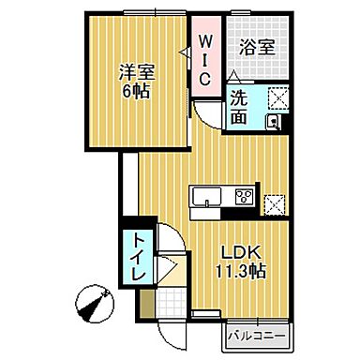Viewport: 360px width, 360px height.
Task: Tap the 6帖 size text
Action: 136,92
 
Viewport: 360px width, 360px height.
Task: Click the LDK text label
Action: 240,252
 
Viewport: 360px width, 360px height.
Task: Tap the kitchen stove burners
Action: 244,197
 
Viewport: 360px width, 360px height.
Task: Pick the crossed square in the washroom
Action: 277,97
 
